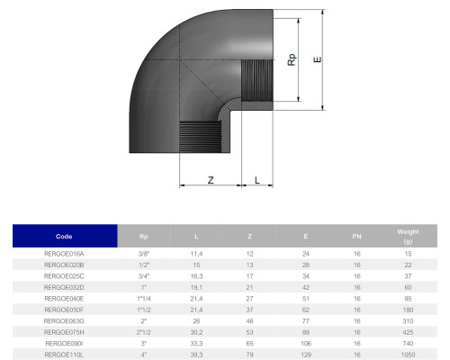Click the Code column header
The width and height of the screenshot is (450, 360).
(64, 237)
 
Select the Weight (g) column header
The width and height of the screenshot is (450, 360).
(408, 237)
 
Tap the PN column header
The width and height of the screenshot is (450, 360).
(356, 237)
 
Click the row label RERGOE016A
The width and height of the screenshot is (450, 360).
(64, 254)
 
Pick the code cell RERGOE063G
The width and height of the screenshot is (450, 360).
(64, 321)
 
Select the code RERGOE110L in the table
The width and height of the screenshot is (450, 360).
(64, 355)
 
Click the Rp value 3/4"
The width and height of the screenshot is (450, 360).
(144, 276)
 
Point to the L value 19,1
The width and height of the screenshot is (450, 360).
(196, 287)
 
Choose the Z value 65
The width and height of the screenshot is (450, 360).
(249, 344)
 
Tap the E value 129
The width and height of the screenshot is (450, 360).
(306, 355)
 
